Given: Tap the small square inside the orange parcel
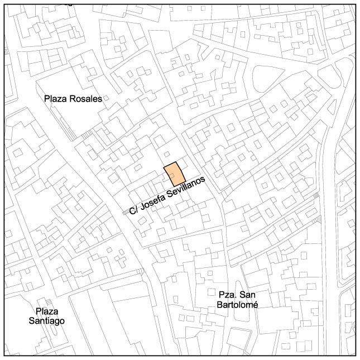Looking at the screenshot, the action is tap(172, 176).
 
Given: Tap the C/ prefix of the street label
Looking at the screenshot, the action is tap(133, 210).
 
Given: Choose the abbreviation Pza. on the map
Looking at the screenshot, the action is tap(227, 295).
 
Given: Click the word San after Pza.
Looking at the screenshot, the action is tap(246, 295).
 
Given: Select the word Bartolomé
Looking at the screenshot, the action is tap(236, 304).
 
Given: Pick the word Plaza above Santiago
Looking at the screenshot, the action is tap(47, 311).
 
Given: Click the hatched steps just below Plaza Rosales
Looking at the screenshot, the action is tap(86, 135).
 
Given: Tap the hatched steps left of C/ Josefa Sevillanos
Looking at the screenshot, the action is tap(124, 213).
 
